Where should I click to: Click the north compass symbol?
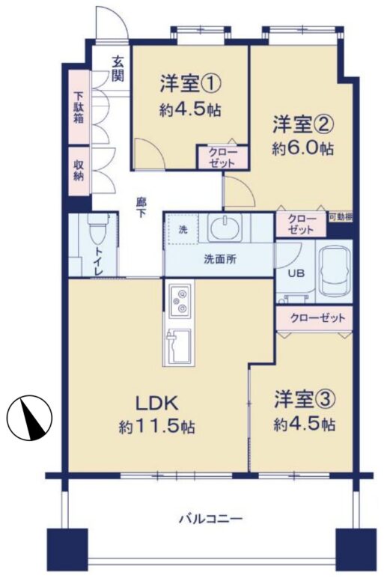pyautogui.click(x=29, y=417)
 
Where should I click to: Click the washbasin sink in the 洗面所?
pyautogui.click(x=225, y=228)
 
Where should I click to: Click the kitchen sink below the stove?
pyautogui.click(x=178, y=347)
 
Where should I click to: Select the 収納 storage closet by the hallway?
pyautogui.click(x=79, y=171)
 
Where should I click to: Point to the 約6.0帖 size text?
pyautogui.click(x=302, y=148)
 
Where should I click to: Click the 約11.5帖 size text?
pyautogui.click(x=156, y=427)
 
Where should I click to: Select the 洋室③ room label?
pyautogui.click(x=305, y=400)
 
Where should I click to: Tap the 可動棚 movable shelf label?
pyautogui.click(x=340, y=217)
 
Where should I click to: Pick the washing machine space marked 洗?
pyautogui.click(x=183, y=230)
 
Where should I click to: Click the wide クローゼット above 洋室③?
pyautogui.click(x=314, y=318)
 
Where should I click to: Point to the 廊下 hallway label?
pyautogui.click(x=141, y=208)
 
